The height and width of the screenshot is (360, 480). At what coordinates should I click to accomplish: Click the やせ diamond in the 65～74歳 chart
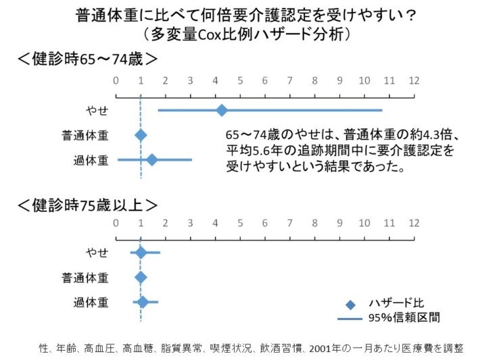(222, 110)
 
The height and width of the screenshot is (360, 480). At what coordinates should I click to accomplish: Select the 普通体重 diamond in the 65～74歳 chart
(141, 135)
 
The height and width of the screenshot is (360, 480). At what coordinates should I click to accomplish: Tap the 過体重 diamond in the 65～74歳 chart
(152, 159)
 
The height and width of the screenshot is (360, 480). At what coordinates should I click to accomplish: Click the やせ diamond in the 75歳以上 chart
(141, 253)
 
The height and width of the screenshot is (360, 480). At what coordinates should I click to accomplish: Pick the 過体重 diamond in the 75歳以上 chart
(143, 302)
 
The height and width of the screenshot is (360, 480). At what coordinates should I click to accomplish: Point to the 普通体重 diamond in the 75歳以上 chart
(141, 278)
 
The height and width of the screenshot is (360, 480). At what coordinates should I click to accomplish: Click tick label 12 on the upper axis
(414, 81)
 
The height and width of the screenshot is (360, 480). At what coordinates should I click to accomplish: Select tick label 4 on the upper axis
(215, 81)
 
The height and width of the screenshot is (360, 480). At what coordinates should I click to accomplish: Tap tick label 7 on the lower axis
(289, 224)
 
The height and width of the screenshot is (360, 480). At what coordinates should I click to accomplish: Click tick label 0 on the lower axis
(116, 224)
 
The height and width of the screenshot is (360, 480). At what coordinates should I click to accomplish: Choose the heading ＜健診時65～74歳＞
(88, 59)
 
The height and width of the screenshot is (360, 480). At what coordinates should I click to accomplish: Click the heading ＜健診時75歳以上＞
(88, 205)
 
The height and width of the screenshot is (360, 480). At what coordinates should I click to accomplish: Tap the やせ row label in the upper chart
(97, 110)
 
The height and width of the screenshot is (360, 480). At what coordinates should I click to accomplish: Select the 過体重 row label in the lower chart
(91, 303)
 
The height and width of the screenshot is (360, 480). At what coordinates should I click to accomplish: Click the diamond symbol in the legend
(350, 305)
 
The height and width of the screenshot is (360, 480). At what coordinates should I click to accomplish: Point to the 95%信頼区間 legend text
(404, 318)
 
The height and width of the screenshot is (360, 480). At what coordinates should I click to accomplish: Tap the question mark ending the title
(411, 15)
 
